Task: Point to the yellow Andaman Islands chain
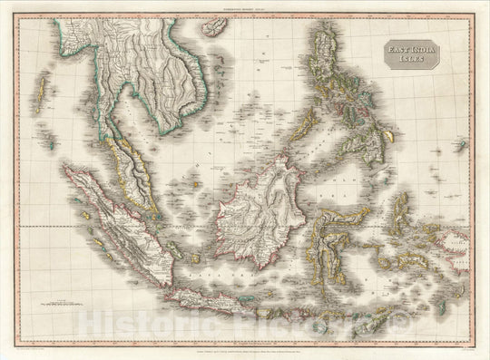[x=39, y=91]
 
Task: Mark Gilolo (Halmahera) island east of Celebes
[x=399, y=204]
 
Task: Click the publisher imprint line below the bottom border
[x=245, y=349]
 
